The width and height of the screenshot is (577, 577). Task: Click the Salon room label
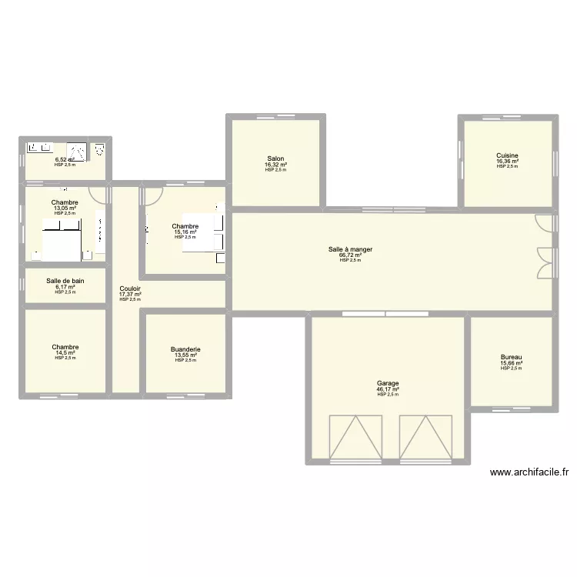point(275,159)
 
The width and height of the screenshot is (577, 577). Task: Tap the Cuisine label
point(507,155)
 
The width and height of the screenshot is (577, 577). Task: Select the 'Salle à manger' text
point(350,249)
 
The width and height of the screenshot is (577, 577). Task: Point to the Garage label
point(388,383)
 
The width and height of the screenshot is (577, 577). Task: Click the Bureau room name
point(511,357)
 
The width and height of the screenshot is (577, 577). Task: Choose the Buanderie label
point(185,349)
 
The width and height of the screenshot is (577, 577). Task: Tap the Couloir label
point(130,288)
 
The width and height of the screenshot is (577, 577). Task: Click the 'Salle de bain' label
point(65,281)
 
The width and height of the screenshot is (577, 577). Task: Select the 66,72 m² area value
point(350,255)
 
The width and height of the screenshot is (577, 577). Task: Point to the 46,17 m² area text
point(388,389)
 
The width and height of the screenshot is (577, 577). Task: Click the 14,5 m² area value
point(65,353)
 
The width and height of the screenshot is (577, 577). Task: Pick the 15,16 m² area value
point(185,232)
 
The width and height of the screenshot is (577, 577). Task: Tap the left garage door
point(355,437)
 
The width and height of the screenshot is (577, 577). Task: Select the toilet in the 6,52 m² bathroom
point(98,150)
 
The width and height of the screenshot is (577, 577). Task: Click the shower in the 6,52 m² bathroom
point(77,151)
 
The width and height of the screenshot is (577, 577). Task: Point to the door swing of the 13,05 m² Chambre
point(97,193)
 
